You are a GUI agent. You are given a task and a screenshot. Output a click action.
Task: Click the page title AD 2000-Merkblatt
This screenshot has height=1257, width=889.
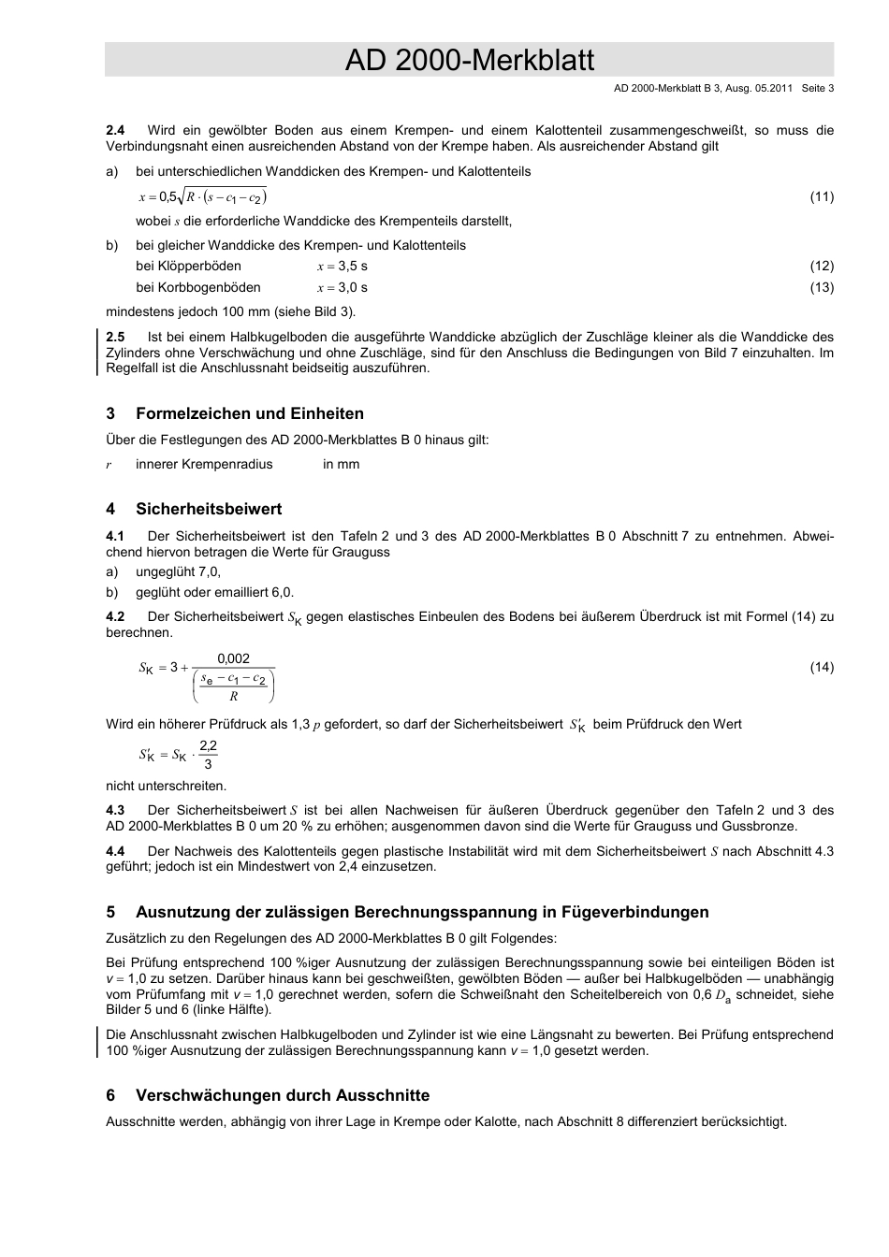point(469,61)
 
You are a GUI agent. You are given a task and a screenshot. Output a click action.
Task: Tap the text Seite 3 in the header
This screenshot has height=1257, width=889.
point(817,89)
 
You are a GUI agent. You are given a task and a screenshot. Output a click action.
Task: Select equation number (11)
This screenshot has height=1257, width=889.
point(821,196)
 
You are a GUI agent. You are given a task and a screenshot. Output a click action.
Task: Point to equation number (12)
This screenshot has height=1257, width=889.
point(821,267)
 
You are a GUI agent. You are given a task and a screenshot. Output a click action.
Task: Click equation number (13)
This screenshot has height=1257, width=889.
point(821,287)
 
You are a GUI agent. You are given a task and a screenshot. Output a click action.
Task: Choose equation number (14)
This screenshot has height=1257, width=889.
point(821,667)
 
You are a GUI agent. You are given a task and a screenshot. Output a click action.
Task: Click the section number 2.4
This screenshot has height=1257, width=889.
point(115,130)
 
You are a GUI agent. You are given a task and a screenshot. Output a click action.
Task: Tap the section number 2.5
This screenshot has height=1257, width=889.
point(115,337)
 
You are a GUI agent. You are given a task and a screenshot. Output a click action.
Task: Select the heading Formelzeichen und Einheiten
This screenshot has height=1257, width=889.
point(249,413)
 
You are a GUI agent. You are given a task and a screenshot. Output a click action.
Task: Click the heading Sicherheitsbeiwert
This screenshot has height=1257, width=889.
point(208,509)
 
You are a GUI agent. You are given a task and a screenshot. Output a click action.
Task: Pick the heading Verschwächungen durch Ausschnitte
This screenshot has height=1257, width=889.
point(282,1095)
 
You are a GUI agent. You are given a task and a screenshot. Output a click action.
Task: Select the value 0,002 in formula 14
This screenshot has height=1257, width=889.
point(233,658)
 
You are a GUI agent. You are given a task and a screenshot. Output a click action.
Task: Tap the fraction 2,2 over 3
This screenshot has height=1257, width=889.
point(208,754)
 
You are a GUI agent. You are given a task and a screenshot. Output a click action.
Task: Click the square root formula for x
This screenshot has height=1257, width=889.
point(203,196)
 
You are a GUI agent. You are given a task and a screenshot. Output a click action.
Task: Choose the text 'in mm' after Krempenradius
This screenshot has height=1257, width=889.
point(341,465)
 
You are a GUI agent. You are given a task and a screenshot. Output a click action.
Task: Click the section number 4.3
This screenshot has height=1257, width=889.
point(115,810)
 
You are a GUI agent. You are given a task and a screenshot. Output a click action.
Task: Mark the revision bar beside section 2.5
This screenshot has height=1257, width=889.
point(98,352)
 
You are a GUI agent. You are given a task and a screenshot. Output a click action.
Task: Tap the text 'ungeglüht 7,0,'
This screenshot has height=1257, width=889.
point(178,571)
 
